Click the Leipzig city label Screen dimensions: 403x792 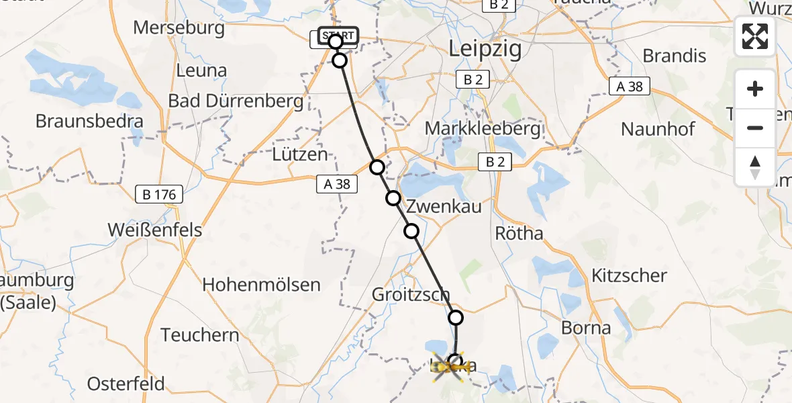pyautogui.click(x=485, y=49)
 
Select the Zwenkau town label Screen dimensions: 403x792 pyautogui.click(x=444, y=206)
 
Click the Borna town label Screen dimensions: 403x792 pyautogui.click(x=587, y=328)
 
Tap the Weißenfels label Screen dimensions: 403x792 pyautogui.click(x=154, y=230)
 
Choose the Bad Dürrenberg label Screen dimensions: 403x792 pyautogui.click(x=236, y=101)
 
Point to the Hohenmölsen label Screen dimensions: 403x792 pyautogui.click(x=261, y=284)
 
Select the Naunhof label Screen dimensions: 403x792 pyautogui.click(x=658, y=128)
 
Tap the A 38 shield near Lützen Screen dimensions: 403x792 pyautogui.click(x=338, y=183)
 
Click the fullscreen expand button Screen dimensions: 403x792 pyautogui.click(x=755, y=36)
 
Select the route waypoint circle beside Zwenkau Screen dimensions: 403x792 pyautogui.click(x=393, y=198)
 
